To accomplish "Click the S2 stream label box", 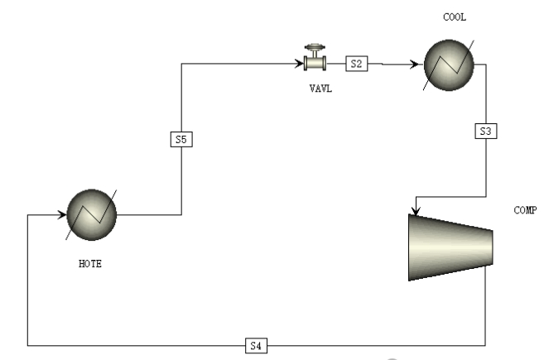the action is (x=357, y=64).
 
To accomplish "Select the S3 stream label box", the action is (x=486, y=131).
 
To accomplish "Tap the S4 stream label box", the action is (x=256, y=345).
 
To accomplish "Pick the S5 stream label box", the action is (x=181, y=139).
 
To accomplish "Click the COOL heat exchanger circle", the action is (x=449, y=65).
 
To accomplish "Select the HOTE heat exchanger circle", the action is (x=92, y=214).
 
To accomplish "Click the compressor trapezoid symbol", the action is (x=450, y=247).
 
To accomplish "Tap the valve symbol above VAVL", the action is (x=315, y=58).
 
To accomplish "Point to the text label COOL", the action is (x=455, y=17).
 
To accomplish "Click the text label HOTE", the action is (x=90, y=264).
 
